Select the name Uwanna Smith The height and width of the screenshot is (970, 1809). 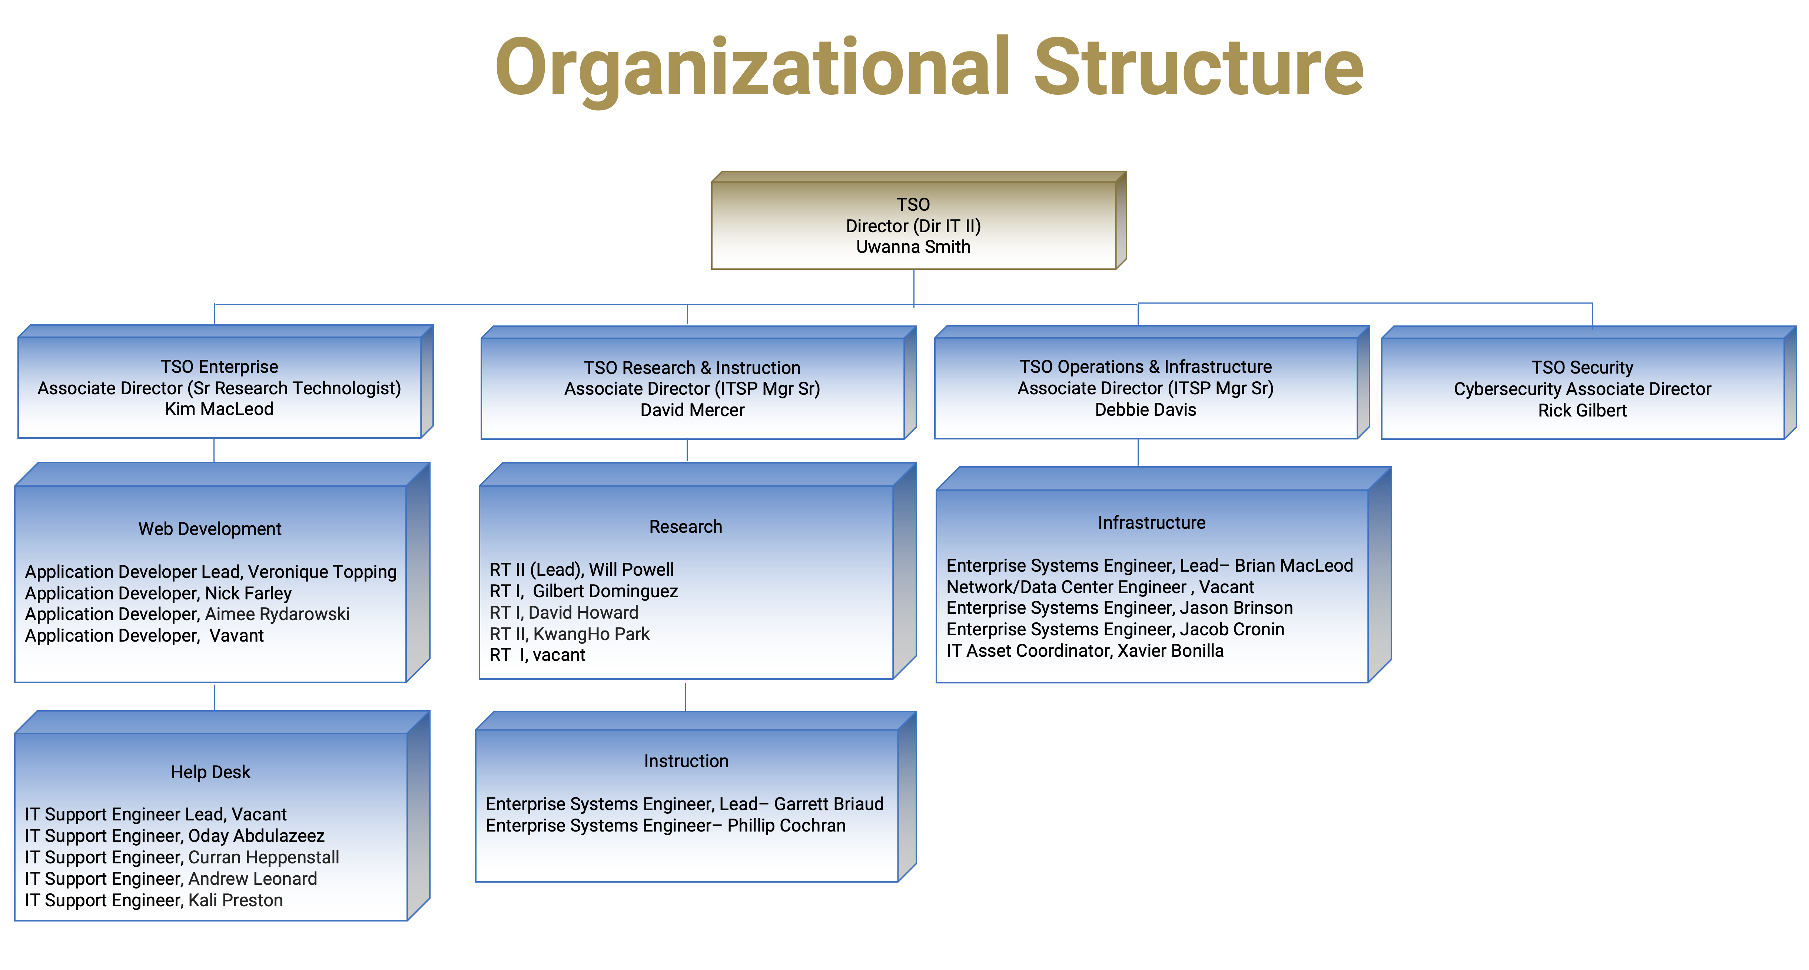(913, 247)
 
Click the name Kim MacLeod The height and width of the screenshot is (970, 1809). (219, 409)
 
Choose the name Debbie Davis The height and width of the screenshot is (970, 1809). (1145, 410)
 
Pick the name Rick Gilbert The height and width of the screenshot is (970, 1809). (1582, 411)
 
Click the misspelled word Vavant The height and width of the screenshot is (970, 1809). (237, 636)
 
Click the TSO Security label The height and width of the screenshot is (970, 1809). (1582, 368)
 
